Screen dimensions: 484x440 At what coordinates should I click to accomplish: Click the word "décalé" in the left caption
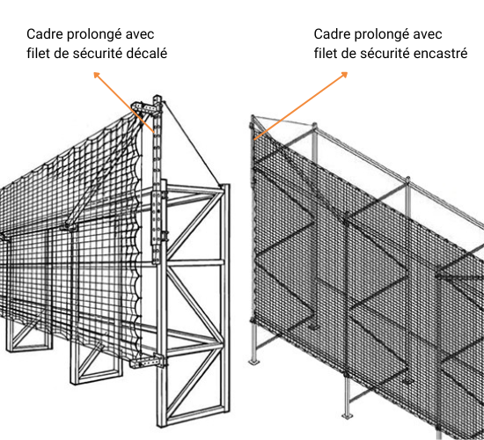click(x=147, y=53)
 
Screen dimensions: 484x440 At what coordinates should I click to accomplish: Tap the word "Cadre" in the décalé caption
click(x=45, y=34)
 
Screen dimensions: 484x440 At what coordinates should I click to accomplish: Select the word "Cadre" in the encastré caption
click(x=332, y=34)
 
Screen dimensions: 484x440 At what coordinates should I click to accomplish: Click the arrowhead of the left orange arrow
click(x=97, y=75)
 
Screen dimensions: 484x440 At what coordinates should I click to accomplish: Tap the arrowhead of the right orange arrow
click(x=344, y=75)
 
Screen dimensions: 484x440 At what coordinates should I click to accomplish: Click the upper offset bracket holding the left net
click(x=146, y=107)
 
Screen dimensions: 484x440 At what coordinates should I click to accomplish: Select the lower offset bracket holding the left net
click(x=148, y=362)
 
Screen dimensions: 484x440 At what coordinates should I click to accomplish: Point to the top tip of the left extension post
click(x=158, y=96)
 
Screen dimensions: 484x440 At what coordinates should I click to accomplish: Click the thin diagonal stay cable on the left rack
click(x=193, y=144)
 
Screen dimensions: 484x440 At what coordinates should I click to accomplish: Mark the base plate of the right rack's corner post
click(x=253, y=362)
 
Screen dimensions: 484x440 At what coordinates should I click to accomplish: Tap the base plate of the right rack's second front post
click(x=348, y=415)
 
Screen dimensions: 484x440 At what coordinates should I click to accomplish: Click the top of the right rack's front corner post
click(x=253, y=117)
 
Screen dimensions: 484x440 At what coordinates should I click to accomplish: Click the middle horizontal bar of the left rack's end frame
click(x=195, y=263)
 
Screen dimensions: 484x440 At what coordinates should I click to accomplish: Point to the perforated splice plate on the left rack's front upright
click(x=156, y=218)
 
